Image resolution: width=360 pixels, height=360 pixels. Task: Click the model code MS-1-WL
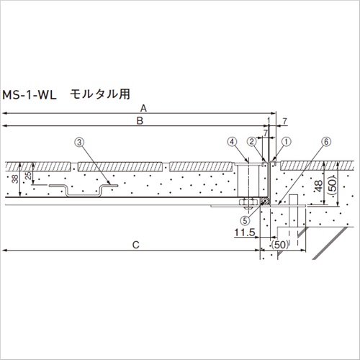click(30, 95)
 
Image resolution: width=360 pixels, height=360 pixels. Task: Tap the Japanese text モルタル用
click(100, 94)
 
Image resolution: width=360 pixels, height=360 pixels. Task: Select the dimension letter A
click(143, 109)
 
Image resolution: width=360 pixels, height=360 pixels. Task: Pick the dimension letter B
click(140, 121)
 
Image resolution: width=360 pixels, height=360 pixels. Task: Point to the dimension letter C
click(136, 245)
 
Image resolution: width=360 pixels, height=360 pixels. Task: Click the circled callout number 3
click(79, 143)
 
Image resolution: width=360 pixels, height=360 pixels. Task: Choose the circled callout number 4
click(232, 142)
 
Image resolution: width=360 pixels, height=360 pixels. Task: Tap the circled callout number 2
click(252, 142)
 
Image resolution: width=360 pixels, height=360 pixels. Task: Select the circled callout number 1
click(286, 142)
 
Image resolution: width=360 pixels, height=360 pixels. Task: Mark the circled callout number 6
click(326, 142)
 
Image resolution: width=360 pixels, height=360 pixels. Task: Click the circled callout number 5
click(245, 220)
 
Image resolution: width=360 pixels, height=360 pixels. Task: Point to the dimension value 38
click(15, 179)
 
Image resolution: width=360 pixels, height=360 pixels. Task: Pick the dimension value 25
click(28, 175)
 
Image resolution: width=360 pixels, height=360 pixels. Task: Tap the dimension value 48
click(319, 186)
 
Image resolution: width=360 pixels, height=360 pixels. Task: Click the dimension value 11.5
click(245, 233)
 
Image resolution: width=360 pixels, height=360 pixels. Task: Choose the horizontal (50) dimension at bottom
click(279, 245)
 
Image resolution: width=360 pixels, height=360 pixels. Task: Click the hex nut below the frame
click(248, 202)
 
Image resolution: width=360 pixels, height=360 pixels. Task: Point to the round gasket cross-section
click(265, 201)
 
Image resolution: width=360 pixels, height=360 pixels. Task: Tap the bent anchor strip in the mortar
click(84, 190)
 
